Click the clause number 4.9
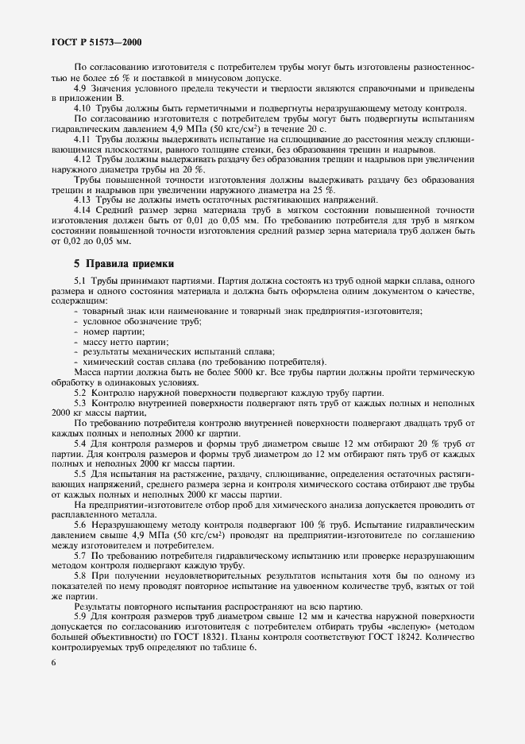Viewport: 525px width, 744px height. pyautogui.click(x=81, y=88)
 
